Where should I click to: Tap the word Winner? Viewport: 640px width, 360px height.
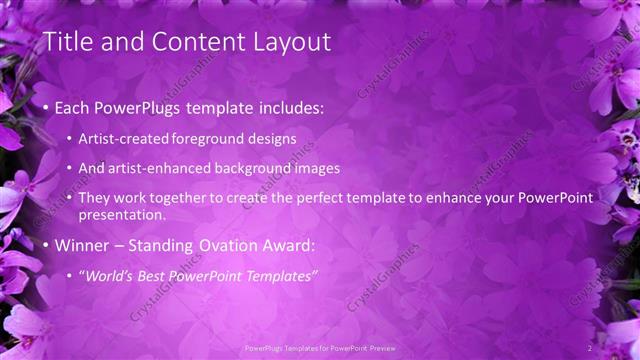point(81,245)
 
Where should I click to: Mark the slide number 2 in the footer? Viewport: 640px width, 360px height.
point(590,347)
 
